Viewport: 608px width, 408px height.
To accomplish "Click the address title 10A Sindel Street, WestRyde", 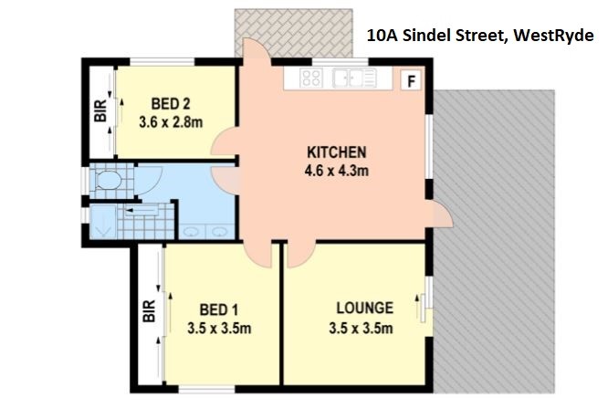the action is click(480, 36).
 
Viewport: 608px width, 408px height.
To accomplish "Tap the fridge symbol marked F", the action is click(411, 80).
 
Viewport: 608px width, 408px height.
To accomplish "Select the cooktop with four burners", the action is click(311, 78).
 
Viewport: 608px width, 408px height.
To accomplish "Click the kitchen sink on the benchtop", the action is click(354, 78).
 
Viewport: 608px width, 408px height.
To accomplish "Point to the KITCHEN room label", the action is click(337, 152).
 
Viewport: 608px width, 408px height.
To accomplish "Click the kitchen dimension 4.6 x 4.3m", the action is click(337, 171).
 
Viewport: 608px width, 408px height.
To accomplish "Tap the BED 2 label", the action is click(171, 104).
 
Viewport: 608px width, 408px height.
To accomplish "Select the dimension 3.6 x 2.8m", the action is click(171, 122).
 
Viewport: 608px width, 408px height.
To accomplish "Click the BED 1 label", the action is click(219, 309).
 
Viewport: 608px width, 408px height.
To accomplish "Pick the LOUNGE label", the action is click(365, 308).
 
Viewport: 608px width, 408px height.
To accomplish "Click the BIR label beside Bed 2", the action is click(100, 111).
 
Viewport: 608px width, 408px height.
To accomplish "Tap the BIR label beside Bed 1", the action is click(150, 311).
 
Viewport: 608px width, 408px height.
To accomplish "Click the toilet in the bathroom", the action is click(108, 180).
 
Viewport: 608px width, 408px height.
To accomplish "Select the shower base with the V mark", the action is click(103, 222).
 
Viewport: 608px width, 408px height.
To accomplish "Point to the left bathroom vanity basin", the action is click(191, 232).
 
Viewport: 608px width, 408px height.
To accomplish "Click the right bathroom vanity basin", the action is click(220, 232).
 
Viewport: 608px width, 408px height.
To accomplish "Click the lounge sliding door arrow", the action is click(417, 308).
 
